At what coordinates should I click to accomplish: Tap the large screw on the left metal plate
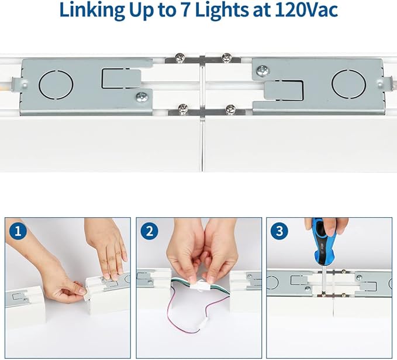140,97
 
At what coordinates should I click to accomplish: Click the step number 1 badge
17,231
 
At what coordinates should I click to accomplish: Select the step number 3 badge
279,231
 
